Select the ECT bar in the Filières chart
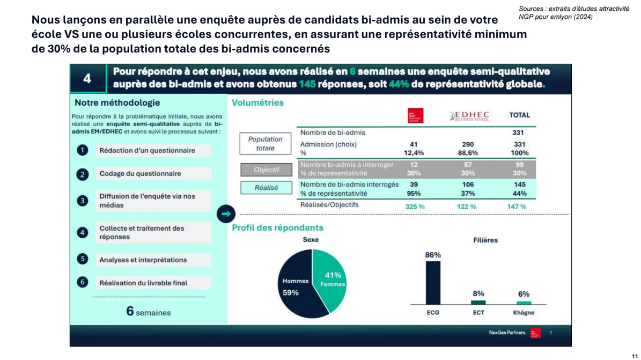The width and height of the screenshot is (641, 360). click(x=478, y=303)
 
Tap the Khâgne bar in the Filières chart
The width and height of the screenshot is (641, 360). click(x=524, y=303)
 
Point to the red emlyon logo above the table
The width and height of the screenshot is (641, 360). click(x=415, y=115)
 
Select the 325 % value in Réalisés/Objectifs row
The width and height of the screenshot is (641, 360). click(x=415, y=206)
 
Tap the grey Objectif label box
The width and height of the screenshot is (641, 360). click(x=266, y=170)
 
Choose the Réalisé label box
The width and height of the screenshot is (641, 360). click(x=266, y=188)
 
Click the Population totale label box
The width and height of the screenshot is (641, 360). click(x=265, y=143)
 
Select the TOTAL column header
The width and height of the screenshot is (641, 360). click(x=519, y=115)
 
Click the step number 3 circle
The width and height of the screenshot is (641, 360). click(x=82, y=201)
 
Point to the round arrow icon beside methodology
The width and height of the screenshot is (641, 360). click(x=226, y=214)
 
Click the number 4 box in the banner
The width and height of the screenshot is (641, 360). click(x=87, y=79)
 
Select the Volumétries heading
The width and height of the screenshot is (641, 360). click(x=257, y=102)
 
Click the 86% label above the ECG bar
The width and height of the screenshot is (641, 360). click(x=432, y=255)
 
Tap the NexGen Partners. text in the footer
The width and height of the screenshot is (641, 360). click(x=507, y=333)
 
